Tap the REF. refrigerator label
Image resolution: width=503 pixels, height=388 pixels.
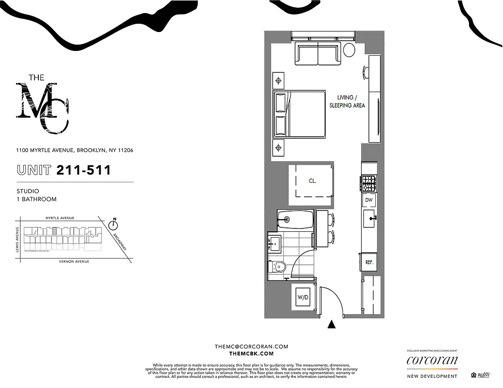pos(369,262)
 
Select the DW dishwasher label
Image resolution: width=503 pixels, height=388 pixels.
pos(369,200)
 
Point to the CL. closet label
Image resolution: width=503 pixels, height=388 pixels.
pos(312,180)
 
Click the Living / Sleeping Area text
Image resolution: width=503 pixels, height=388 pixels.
pos(347,101)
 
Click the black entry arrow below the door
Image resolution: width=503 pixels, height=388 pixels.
pos(332,324)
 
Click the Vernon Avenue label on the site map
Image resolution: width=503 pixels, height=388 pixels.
pos(74,261)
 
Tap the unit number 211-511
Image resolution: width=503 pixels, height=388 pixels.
pos(84,170)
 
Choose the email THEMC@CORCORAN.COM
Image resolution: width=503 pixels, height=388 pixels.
pos(251,346)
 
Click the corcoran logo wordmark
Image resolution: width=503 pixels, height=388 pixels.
pos(432,360)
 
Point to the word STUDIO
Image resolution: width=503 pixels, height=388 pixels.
pos(28,191)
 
